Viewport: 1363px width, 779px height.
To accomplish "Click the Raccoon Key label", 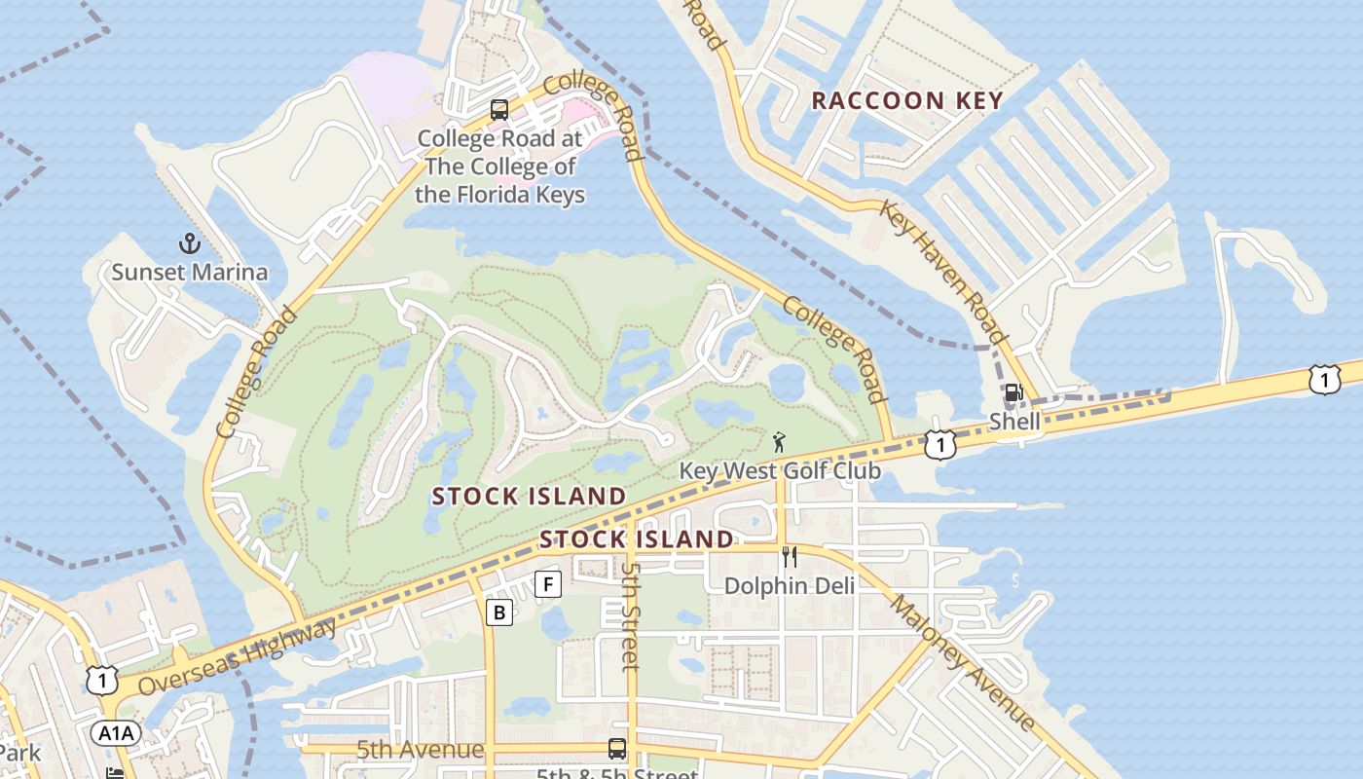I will tap(906, 100).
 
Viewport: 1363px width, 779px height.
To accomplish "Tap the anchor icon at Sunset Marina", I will tap(188, 243).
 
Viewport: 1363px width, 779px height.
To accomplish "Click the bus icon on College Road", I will tap(499, 110).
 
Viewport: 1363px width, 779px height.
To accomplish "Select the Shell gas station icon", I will tap(1013, 393).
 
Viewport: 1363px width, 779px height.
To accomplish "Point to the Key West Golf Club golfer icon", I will tap(779, 444).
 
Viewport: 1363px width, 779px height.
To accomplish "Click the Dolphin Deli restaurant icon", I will tap(790, 557).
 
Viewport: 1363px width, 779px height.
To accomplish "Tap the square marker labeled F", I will tap(549, 584).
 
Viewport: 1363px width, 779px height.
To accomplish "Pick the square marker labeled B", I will tap(499, 612).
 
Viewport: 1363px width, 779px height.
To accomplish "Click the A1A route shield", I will tap(114, 732).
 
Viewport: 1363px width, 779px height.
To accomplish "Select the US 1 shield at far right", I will tap(1324, 379).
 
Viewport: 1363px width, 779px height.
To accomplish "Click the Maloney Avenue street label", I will tap(962, 662).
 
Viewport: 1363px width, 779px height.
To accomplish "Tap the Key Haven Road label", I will tap(942, 271).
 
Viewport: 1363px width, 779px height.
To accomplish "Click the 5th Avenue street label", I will tap(420, 750).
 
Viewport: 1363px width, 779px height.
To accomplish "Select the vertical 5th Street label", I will tap(631, 616).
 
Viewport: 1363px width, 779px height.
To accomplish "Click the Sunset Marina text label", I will tap(189, 272).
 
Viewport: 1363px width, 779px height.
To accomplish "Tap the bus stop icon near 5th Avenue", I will tap(617, 749).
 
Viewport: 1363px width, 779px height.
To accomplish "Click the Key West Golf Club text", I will tap(779, 471).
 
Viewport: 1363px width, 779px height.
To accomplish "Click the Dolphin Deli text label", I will tap(790, 585).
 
